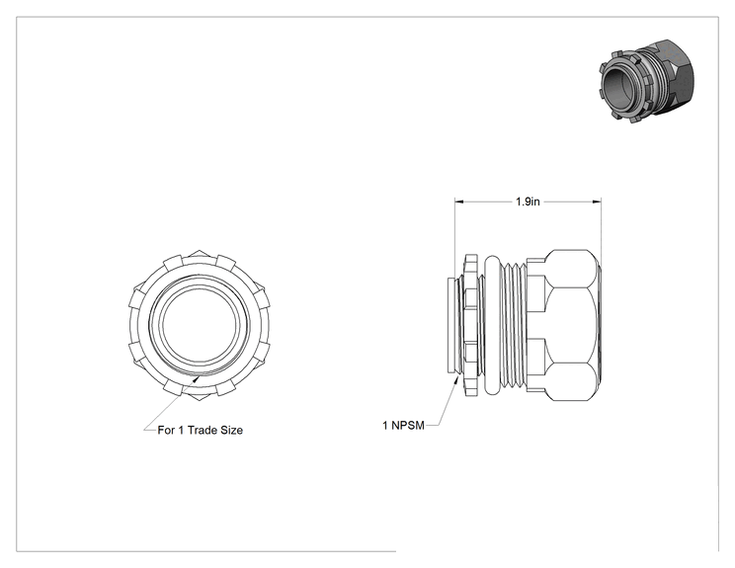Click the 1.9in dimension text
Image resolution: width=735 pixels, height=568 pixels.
click(x=528, y=202)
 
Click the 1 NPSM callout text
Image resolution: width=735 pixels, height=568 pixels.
click(x=404, y=425)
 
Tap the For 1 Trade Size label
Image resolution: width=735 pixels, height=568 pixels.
click(x=201, y=430)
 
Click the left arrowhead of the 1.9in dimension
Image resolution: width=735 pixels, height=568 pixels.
click(x=459, y=202)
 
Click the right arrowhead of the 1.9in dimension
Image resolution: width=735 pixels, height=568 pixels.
click(x=597, y=202)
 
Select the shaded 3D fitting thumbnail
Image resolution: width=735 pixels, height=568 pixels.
click(x=647, y=81)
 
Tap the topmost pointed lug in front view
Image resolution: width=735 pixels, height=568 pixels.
click(x=199, y=254)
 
